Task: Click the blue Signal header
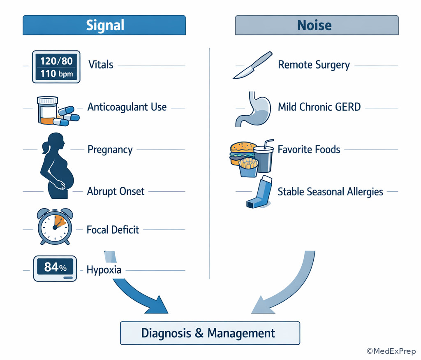(104, 25)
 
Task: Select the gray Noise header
(317, 25)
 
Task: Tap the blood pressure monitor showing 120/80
(56, 67)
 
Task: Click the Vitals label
(101, 65)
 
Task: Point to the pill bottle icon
(47, 110)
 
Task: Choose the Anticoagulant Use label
(127, 107)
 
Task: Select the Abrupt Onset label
(116, 191)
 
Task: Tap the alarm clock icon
(55, 226)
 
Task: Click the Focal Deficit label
(113, 230)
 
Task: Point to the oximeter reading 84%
(55, 268)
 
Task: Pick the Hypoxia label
(104, 270)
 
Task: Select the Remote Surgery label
(314, 65)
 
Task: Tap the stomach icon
(252, 108)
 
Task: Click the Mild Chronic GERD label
(319, 107)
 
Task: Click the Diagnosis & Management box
(210, 333)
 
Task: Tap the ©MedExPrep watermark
(391, 351)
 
